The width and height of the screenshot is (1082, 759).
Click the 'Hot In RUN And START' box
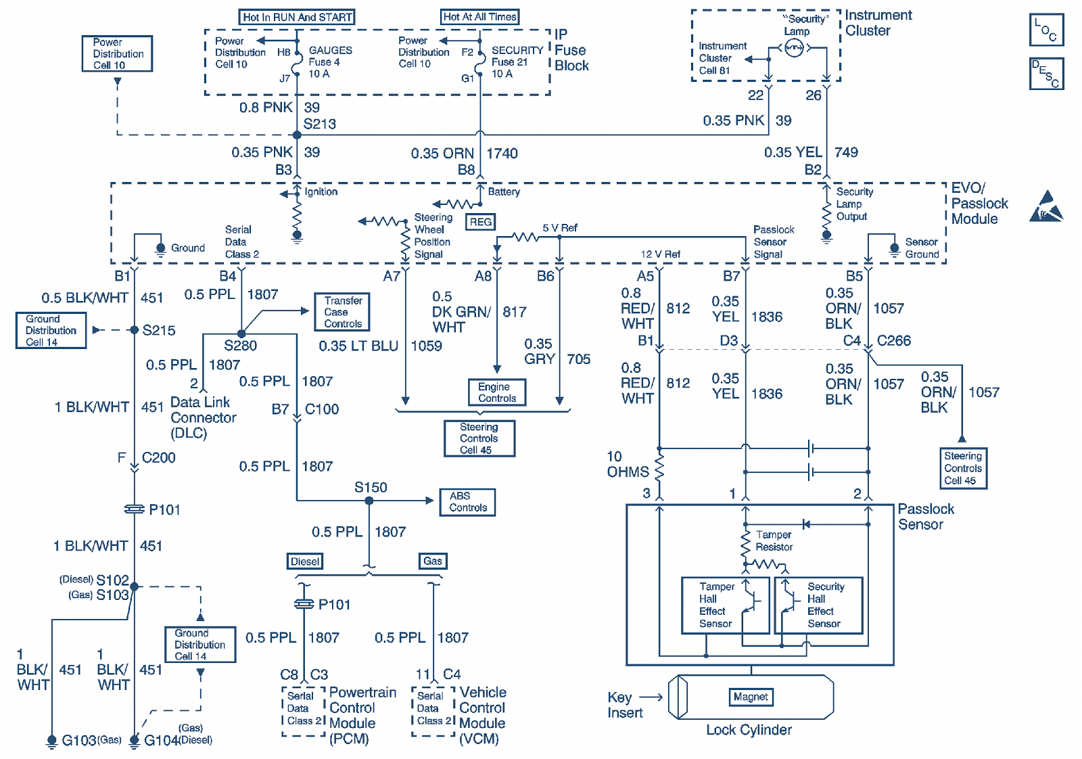tap(297, 17)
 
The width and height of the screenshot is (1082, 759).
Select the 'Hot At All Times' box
tap(479, 17)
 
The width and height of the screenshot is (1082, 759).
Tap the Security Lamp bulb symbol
tap(794, 47)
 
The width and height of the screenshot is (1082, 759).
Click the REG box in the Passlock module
tap(480, 222)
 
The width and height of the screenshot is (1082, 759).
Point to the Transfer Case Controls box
tap(342, 312)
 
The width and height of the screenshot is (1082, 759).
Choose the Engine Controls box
tap(497, 392)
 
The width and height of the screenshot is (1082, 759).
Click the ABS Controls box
tap(467, 502)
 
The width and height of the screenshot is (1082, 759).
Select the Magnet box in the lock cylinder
tap(751, 697)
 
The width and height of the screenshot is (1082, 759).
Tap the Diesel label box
tap(305, 561)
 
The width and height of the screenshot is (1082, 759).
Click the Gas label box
tap(433, 561)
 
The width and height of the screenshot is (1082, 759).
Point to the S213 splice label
tap(319, 124)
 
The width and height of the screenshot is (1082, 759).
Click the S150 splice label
tap(371, 488)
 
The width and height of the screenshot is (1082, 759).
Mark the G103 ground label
tap(79, 741)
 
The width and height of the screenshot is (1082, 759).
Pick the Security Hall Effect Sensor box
tap(819, 605)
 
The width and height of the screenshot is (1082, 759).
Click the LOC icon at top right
tap(1046, 30)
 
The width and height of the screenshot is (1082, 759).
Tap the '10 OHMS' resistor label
tap(627, 464)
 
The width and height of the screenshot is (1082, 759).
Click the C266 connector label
tap(894, 341)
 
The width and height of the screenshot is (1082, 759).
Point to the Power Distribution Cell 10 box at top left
tap(118, 53)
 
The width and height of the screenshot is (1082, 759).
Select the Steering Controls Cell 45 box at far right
tap(962, 468)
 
